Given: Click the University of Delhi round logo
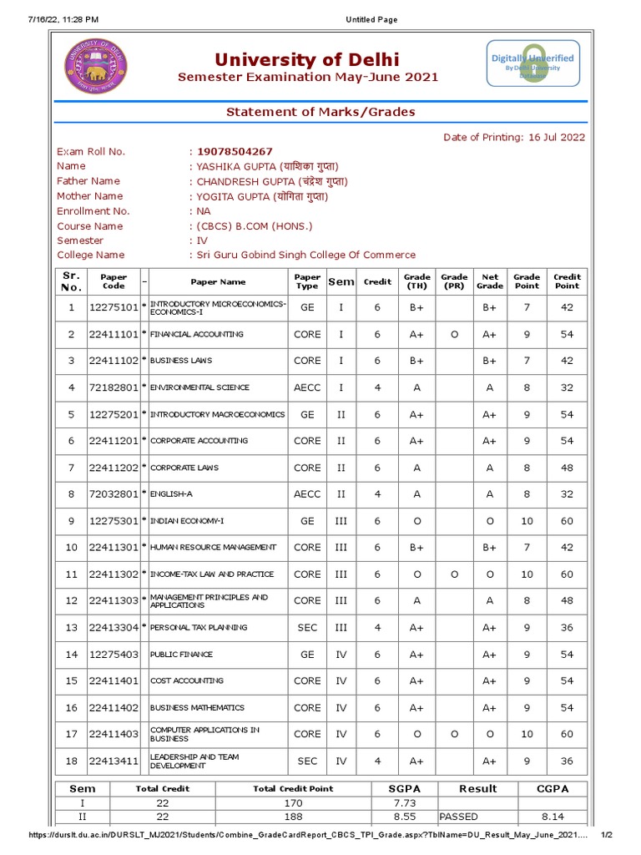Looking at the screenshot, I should click(93, 66).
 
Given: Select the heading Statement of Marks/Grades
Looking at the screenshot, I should click(320, 112).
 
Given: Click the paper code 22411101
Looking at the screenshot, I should click(114, 334).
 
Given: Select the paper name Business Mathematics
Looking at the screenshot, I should click(197, 707).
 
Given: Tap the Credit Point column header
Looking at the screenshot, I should click(567, 281).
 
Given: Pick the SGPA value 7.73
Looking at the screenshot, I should click(404, 803).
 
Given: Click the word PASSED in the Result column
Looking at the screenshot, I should click(458, 817).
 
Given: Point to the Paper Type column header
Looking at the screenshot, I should click(307, 281).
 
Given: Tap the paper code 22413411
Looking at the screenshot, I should click(114, 761).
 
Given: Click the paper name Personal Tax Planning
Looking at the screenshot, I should click(199, 627).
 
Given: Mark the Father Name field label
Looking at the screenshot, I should click(88, 181).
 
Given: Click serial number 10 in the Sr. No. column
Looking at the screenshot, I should click(71, 547).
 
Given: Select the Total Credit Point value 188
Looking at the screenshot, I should click(292, 817).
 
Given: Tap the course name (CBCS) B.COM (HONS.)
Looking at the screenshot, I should click(255, 226).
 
